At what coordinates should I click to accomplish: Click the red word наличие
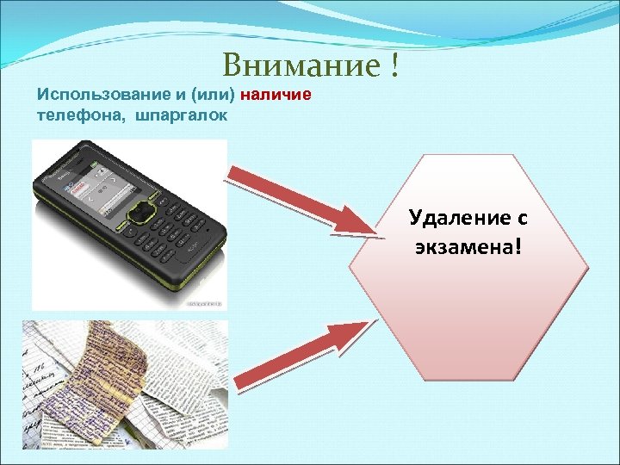point(276,94)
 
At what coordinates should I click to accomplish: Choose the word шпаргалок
point(181,115)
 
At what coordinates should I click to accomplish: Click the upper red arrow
point(301,199)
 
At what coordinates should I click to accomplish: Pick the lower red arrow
point(301,354)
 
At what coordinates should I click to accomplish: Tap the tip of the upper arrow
point(375,228)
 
